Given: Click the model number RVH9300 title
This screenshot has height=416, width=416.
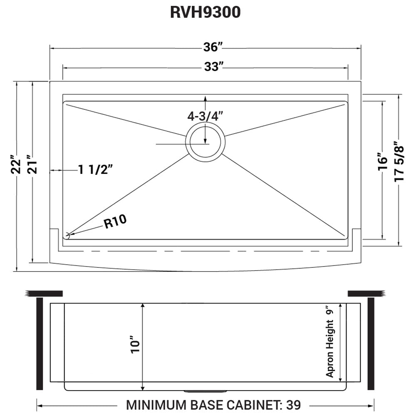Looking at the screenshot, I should (205, 12).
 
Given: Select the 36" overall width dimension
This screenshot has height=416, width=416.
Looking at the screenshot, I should (212, 47).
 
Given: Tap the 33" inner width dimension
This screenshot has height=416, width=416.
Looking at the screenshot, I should (212, 67).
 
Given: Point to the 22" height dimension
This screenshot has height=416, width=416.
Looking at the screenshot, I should (15, 166).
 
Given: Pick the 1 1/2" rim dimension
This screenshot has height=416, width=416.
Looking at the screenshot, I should (95, 170).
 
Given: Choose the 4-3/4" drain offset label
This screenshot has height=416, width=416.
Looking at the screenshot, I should (205, 116).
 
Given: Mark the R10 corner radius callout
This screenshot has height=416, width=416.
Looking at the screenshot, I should (115, 222).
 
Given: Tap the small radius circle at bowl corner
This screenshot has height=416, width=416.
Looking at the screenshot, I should (68, 235).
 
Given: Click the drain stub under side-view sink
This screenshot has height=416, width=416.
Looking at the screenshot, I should (205, 391).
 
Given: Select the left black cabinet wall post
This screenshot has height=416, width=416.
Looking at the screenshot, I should (40, 344).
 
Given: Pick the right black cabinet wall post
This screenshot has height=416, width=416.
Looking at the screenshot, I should (371, 344).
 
